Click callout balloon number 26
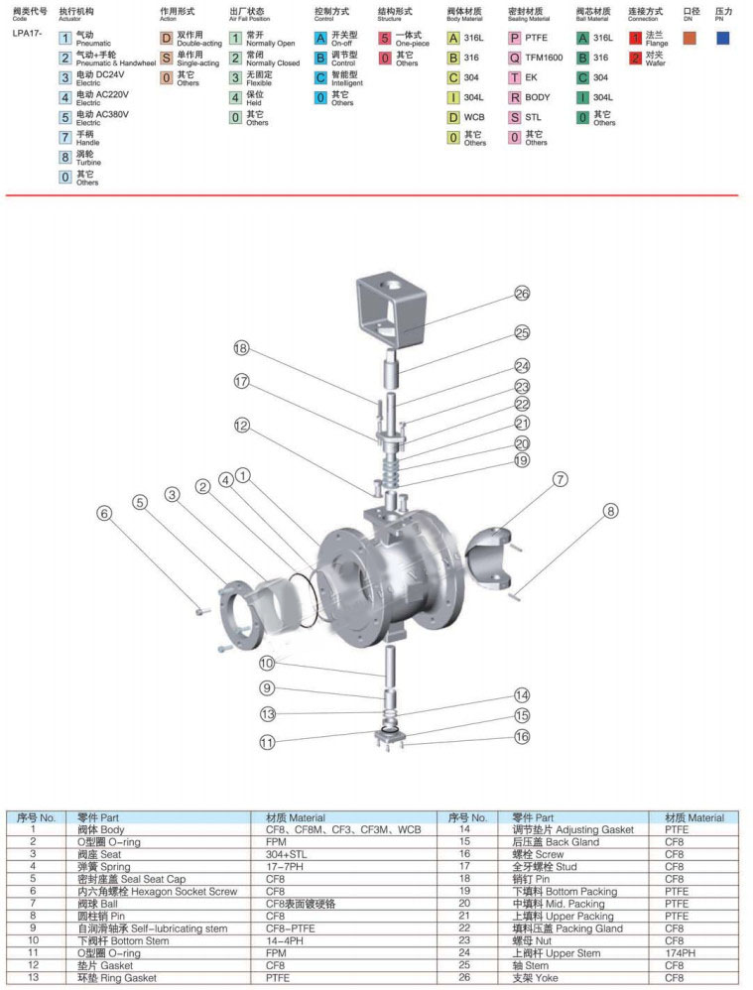523,294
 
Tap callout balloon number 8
610,511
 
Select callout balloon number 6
104,513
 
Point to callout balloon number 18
241,347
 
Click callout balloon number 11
268,742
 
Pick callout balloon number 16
522,736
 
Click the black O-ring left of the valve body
311,596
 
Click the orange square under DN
690,38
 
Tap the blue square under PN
722,38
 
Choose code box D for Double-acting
167,38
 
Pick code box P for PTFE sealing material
515,38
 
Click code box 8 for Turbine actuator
64,157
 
